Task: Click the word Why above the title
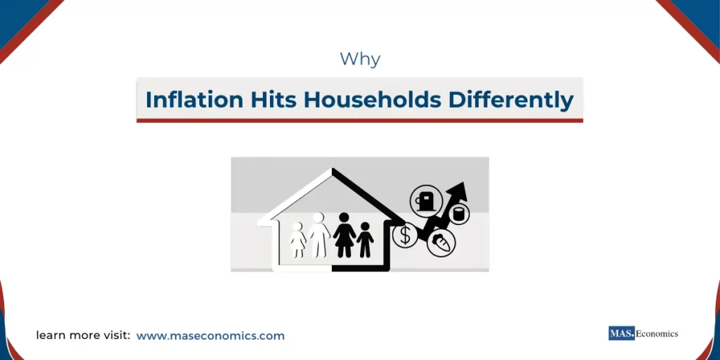pos(360,59)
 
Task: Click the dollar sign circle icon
pos(405,236)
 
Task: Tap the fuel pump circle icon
pos(425,200)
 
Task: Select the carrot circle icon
pos(442,243)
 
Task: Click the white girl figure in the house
pos(298,240)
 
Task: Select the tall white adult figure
pos(319,236)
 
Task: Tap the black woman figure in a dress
pos(345,236)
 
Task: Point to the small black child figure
pos(365,240)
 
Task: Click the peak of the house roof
pos(332,171)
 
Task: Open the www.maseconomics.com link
pos(210,336)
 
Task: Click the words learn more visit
pos(83,336)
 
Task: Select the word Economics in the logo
pos(657,333)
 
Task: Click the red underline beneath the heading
pos(359,120)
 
